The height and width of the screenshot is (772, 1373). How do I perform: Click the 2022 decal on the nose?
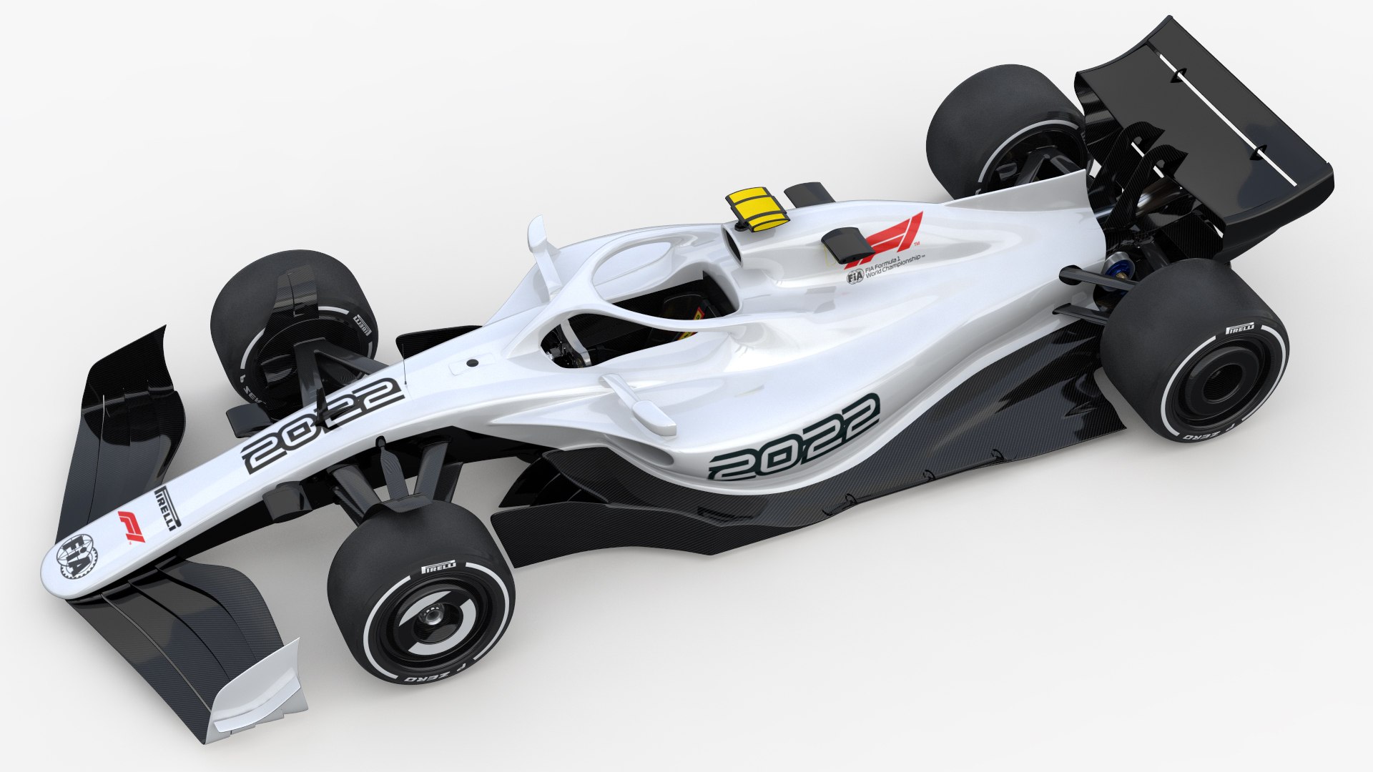[x=322, y=425]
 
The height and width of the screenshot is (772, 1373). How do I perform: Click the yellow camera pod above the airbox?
[x=757, y=207]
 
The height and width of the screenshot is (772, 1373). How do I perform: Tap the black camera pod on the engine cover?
[x=844, y=245]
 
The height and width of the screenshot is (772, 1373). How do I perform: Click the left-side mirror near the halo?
[x=538, y=236]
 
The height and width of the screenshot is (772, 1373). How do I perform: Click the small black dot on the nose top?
[x=472, y=363]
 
